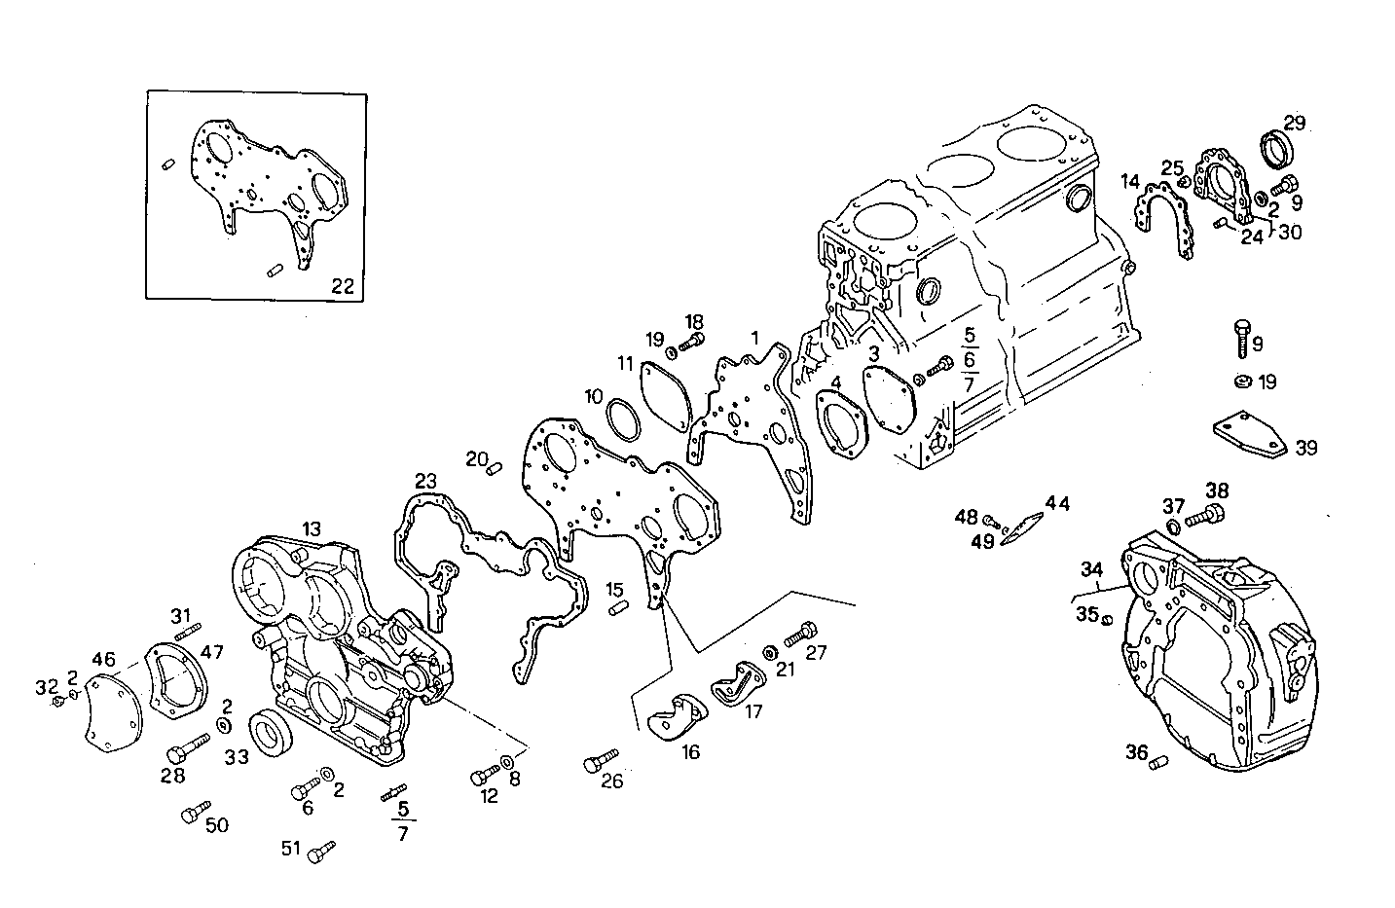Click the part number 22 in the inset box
tap(343, 286)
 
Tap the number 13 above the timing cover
tap(311, 529)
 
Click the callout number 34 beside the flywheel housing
tap(1091, 568)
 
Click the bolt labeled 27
tap(797, 634)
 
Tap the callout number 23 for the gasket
tap(425, 481)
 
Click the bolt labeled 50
tap(195, 811)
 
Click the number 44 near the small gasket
tap(1057, 503)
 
